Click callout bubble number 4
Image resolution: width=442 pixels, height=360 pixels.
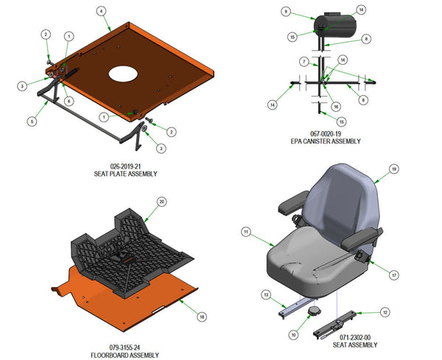(101, 11)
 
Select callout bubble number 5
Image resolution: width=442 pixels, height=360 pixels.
(30, 121)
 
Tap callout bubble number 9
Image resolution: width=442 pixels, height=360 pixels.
(286, 12)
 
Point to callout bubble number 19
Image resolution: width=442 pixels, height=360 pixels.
(393, 169)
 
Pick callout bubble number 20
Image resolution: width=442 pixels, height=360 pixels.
(162, 201)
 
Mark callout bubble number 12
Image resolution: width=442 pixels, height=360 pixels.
(384, 312)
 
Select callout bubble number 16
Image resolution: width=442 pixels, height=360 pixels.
(336, 107)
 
